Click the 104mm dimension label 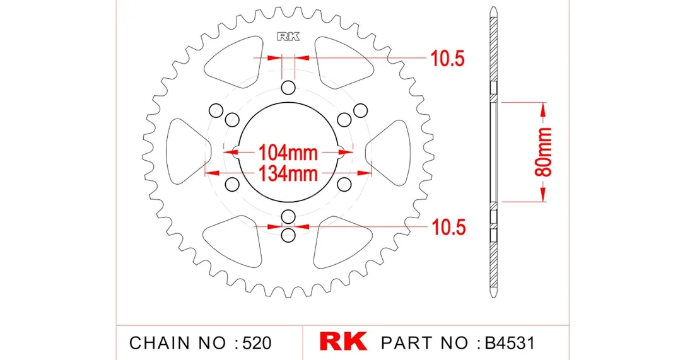pyautogui.click(x=288, y=153)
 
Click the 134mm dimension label pyautogui.click(x=288, y=173)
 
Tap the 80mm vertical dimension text pyautogui.click(x=544, y=152)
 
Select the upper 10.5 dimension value pyautogui.click(x=448, y=58)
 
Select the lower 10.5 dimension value pyautogui.click(x=448, y=227)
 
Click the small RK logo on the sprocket pyautogui.click(x=288, y=37)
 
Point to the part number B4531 pyautogui.click(x=510, y=343)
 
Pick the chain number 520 pyautogui.click(x=257, y=343)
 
